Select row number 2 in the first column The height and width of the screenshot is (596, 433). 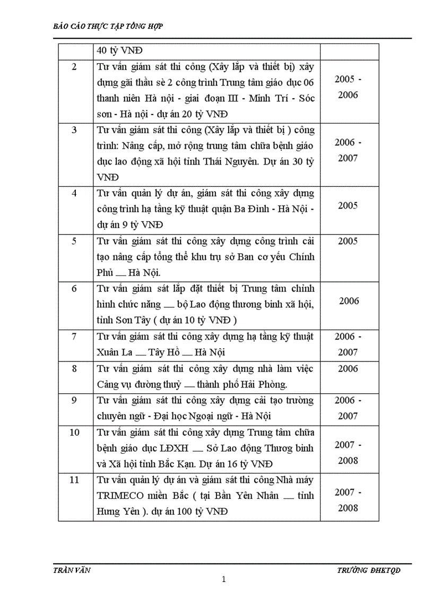coord(74,67)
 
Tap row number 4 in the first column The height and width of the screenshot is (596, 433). coord(74,193)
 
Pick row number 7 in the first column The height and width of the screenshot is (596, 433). coord(74,336)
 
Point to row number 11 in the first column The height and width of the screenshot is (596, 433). coord(74,480)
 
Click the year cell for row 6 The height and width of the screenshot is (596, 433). coord(349,301)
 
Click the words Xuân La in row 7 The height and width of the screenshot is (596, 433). coord(112,352)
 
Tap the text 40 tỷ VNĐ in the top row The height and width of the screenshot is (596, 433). coord(118,51)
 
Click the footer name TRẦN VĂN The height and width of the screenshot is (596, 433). coord(72,570)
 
